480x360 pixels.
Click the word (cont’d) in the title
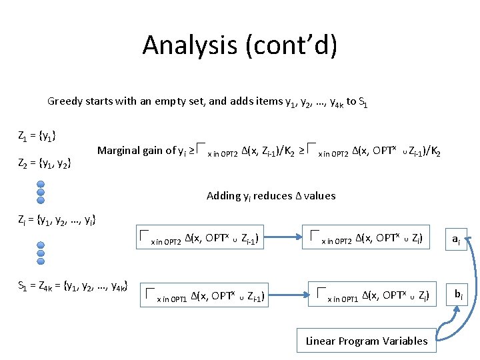[x=294, y=45]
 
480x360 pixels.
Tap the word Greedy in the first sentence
[x=65, y=101]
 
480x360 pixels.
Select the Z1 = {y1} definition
[x=37, y=137]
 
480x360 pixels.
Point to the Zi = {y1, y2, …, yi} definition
[x=57, y=219]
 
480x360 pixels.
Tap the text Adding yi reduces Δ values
[x=271, y=195]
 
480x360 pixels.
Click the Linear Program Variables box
[x=367, y=341]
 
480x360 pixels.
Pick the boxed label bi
[x=459, y=293]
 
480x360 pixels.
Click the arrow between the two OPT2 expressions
[x=283, y=237]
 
